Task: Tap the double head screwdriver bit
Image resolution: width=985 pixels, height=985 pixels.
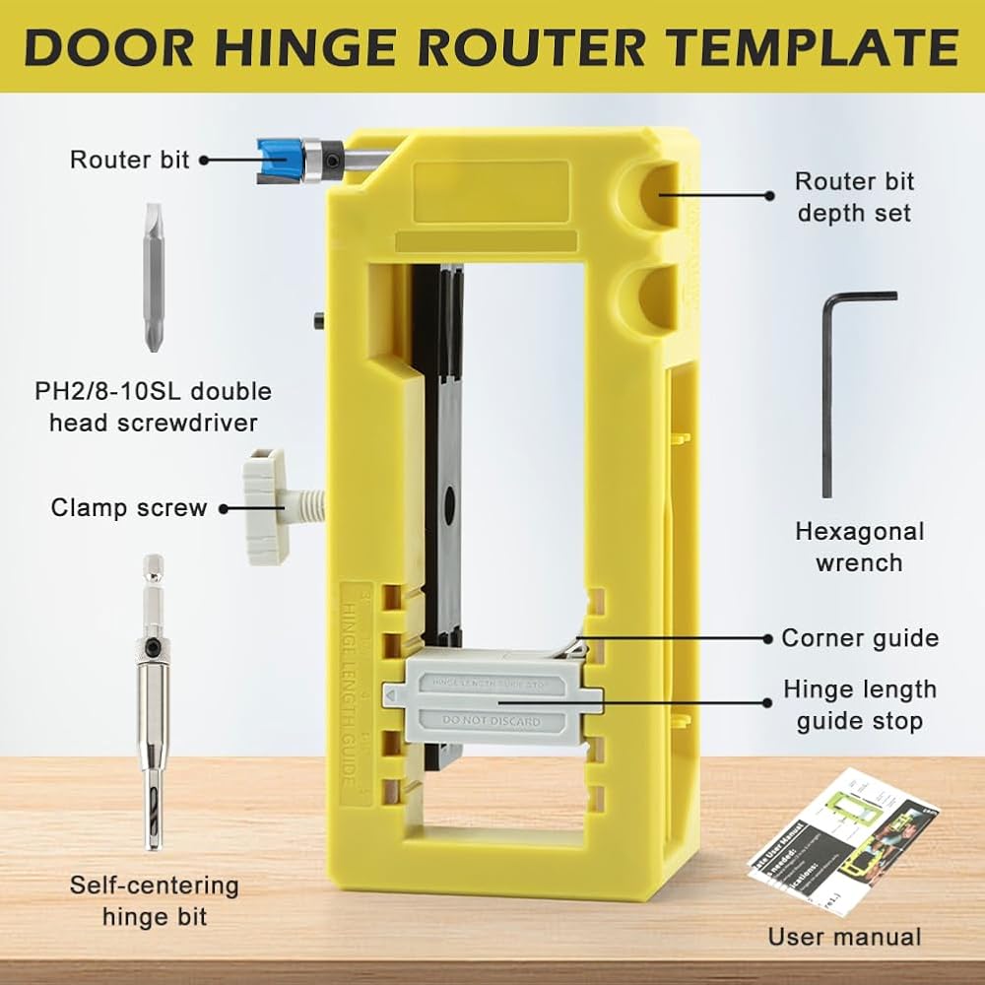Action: (152, 277)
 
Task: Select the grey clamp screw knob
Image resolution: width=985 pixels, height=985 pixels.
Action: (266, 506)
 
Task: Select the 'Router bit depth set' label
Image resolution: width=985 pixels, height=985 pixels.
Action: (854, 197)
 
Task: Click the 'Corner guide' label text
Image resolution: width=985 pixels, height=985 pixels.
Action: (860, 637)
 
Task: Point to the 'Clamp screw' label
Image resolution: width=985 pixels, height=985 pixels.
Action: (129, 508)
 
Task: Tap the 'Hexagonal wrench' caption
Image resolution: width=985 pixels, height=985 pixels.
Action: (860, 547)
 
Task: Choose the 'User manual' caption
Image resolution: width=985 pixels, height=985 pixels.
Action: (845, 937)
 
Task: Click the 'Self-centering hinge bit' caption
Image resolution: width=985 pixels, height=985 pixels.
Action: (154, 900)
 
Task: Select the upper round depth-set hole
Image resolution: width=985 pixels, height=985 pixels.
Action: (650, 192)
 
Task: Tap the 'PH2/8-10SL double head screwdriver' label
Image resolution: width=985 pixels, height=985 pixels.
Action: (153, 407)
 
